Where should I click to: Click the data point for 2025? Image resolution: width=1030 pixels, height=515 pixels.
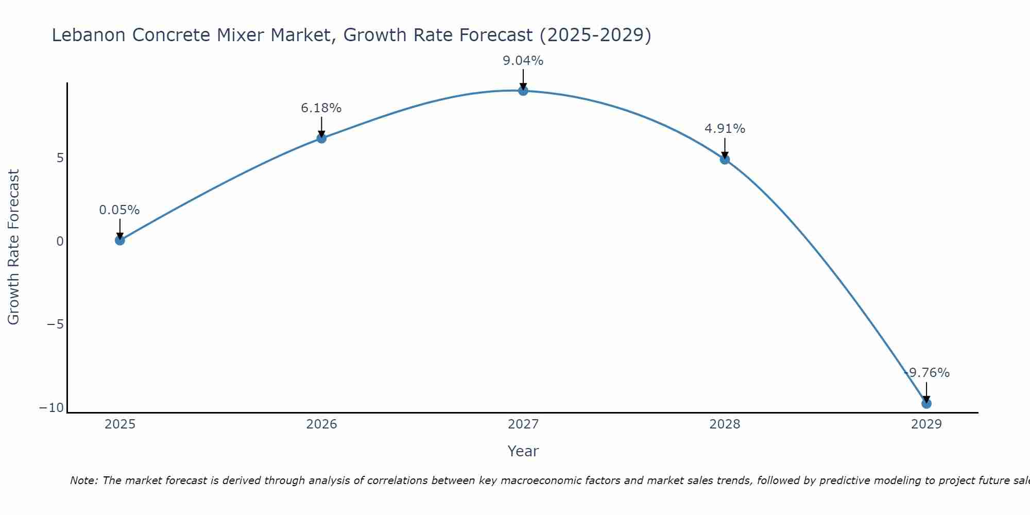click(x=120, y=240)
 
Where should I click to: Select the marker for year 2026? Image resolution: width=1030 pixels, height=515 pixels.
click(x=321, y=138)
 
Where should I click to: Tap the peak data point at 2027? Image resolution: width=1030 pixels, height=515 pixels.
click(x=523, y=91)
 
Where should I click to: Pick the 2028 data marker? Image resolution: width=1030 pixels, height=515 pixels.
click(x=725, y=159)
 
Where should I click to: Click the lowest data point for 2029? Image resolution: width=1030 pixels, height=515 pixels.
click(x=926, y=403)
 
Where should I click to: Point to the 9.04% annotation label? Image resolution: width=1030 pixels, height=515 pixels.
click(x=523, y=61)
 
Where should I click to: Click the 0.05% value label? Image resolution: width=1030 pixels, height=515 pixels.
click(x=119, y=210)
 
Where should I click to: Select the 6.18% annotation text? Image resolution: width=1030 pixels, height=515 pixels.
click(x=321, y=108)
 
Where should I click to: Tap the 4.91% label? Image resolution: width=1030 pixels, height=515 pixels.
click(x=725, y=129)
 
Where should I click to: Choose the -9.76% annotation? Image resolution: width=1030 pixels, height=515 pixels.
click(x=927, y=373)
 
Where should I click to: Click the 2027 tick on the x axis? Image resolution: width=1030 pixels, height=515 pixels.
click(x=523, y=424)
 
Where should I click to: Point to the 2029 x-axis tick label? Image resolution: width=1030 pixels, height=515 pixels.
click(x=926, y=424)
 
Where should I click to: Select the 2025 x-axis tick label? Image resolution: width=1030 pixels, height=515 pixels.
click(x=120, y=424)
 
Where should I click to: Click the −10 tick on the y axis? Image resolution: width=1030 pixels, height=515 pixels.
click(x=51, y=408)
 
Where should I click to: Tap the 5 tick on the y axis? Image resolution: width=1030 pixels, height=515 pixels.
click(x=60, y=158)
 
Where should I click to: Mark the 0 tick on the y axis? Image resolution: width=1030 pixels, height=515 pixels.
click(x=60, y=241)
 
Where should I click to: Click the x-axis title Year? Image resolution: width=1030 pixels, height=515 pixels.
click(x=523, y=451)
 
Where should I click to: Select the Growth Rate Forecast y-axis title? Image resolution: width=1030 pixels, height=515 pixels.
click(x=13, y=247)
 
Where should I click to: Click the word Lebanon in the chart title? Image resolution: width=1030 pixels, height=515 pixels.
click(x=89, y=35)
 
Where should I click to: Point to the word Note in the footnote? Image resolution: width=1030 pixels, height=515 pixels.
click(x=83, y=480)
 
